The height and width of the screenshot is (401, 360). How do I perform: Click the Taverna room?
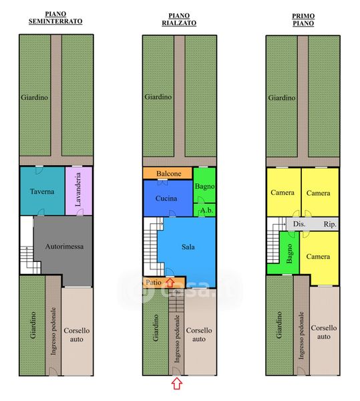click(x=43, y=191)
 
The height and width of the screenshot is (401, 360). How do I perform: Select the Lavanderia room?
click(x=78, y=191)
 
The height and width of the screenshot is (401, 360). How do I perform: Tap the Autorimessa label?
click(x=64, y=247)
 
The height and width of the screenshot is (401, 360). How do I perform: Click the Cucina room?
click(x=168, y=198)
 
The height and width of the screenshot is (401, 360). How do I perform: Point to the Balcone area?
click(x=168, y=173)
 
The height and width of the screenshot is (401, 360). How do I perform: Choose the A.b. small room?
click(x=204, y=211)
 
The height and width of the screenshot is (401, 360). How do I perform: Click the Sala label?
click(x=188, y=247)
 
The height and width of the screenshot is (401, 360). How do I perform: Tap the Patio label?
click(x=154, y=283)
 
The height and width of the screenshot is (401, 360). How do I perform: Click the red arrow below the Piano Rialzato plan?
click(x=177, y=384)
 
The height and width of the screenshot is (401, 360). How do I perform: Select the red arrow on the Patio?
click(x=170, y=283)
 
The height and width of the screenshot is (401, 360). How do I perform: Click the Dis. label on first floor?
click(x=299, y=225)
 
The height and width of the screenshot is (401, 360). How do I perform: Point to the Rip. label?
click(x=330, y=225)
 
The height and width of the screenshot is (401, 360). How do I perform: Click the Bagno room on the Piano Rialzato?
click(x=204, y=185)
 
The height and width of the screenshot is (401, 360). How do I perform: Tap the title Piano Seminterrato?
click(x=55, y=17)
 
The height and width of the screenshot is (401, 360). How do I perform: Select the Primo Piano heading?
click(x=303, y=19)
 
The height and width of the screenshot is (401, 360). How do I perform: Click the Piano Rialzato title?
click(x=179, y=19)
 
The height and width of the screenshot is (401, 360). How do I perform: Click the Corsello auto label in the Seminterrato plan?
click(x=77, y=335)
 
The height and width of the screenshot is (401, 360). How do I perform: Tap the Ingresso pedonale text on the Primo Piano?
click(x=301, y=335)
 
